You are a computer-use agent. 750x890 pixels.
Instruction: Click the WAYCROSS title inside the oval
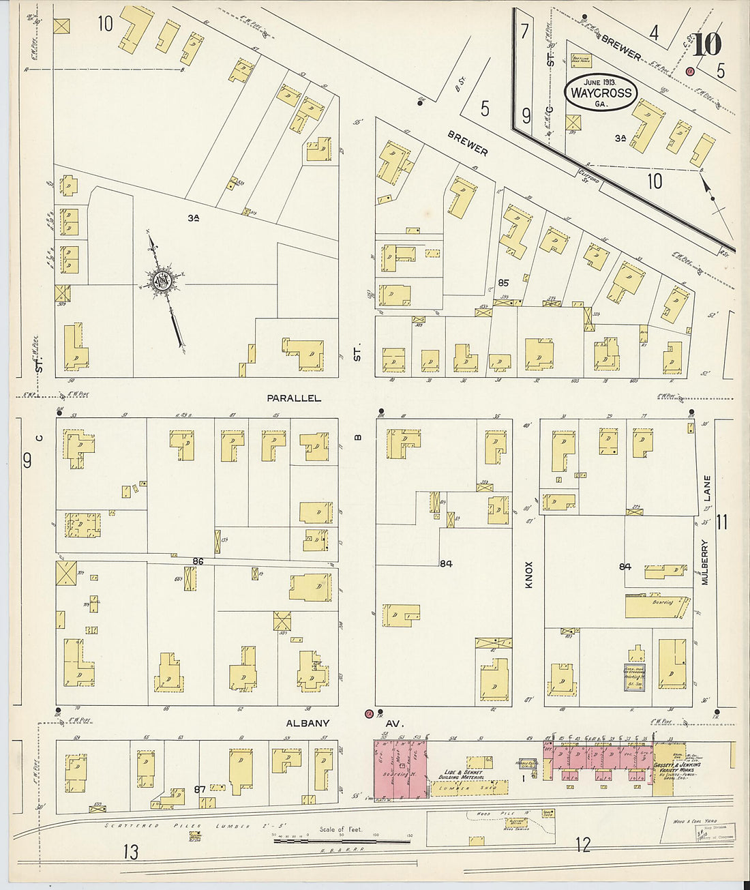(x=601, y=93)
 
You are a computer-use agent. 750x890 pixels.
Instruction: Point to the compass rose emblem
(x=164, y=281)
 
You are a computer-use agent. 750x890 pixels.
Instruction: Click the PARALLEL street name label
(x=294, y=398)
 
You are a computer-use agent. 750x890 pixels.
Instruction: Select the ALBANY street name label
(x=307, y=723)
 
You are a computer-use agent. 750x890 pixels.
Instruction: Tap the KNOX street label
(x=528, y=575)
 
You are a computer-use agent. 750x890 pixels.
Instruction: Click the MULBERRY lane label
(x=706, y=563)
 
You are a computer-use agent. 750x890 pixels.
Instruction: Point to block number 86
(x=198, y=561)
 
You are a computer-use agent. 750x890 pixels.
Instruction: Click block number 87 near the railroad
(x=200, y=789)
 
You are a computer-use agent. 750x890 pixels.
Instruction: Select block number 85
(x=503, y=282)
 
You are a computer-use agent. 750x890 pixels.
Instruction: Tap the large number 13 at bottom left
(x=132, y=851)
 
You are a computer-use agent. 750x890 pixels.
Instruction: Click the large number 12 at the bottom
(x=582, y=846)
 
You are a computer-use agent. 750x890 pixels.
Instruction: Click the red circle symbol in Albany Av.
(x=369, y=714)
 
